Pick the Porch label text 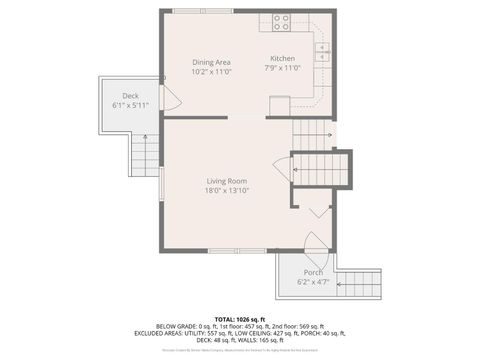pos(314,272)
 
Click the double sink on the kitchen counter pos(322,52)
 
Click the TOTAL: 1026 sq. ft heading pos(239,318)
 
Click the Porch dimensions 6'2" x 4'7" pos(314,282)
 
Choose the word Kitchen pos(283,60)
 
